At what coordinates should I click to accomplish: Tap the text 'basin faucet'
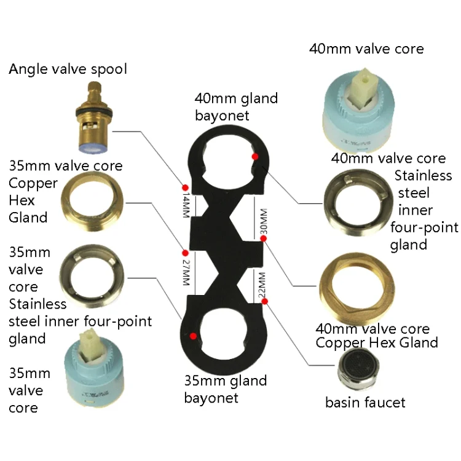(365, 403)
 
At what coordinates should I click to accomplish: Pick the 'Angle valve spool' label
(68, 69)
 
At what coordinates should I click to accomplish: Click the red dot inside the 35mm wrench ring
(194, 336)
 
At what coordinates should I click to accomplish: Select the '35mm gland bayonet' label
(226, 389)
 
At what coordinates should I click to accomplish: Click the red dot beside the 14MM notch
(184, 186)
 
